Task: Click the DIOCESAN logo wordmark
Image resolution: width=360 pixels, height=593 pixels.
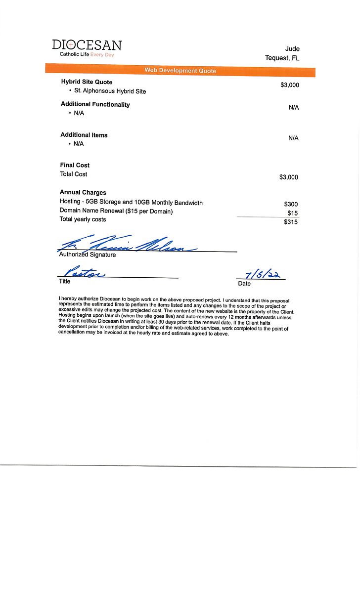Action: click(87, 45)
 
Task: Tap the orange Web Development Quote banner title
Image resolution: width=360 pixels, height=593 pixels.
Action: click(180, 71)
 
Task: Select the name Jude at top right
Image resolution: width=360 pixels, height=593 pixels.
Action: click(292, 48)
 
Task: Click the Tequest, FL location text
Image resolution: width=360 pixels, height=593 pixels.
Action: click(282, 58)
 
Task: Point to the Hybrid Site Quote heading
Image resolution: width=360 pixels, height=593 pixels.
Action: click(87, 82)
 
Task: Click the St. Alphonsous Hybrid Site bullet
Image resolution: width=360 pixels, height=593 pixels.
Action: click(110, 91)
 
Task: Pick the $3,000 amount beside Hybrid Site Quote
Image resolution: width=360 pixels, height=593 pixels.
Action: click(289, 85)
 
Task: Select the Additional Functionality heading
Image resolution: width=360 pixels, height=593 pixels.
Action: click(95, 104)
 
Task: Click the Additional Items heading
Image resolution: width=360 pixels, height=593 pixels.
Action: click(84, 135)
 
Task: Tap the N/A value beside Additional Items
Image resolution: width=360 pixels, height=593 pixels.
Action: click(293, 138)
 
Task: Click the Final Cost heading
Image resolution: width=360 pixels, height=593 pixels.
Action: click(75, 165)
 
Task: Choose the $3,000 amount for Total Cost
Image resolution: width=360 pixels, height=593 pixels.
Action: click(289, 177)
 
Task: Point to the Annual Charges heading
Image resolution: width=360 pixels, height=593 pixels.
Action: click(83, 192)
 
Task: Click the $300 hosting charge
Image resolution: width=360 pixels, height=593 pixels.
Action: click(291, 204)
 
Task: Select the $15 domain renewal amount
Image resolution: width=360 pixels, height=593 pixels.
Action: click(292, 213)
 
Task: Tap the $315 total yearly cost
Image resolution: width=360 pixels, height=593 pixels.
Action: click(291, 222)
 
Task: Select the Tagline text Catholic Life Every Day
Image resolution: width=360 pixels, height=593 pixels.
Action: click(87, 54)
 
